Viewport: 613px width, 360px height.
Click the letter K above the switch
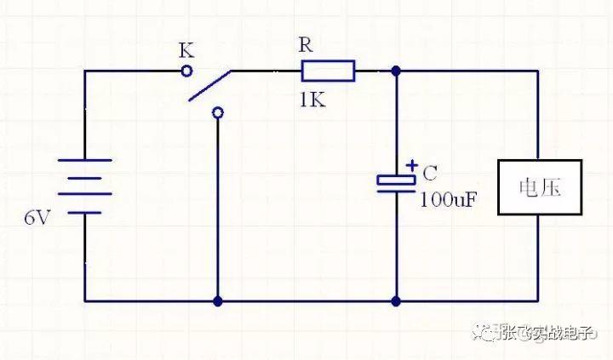pos(186,50)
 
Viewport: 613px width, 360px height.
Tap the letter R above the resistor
pos(306,44)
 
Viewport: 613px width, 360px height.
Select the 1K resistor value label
pos(312,100)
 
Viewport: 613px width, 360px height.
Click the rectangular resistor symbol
pos(328,71)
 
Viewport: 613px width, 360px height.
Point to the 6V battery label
pos(37,217)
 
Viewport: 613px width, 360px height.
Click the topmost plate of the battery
pos(85,160)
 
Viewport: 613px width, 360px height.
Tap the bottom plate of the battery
pos(85,213)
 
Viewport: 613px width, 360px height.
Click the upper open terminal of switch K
pos(186,71)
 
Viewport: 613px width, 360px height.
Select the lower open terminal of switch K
pos(218,113)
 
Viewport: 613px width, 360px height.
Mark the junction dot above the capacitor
pos(396,71)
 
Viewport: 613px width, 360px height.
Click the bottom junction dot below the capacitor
pos(396,301)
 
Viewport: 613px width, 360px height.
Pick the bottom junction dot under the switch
pos(218,301)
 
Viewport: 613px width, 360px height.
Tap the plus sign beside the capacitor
pos(412,166)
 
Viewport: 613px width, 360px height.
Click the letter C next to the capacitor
pos(430,173)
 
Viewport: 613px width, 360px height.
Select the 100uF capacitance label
pos(449,200)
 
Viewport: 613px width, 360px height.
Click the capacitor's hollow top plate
pos(396,180)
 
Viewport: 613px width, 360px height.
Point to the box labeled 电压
pos(540,187)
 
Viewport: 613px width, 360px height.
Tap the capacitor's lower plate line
pos(396,191)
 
